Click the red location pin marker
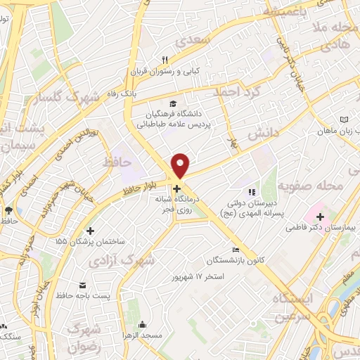coord(181,165)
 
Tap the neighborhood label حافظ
coord(117,162)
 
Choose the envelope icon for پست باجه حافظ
coord(84,285)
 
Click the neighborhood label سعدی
coord(195,40)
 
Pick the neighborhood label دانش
coord(264,133)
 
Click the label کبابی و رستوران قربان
coord(169,72)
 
